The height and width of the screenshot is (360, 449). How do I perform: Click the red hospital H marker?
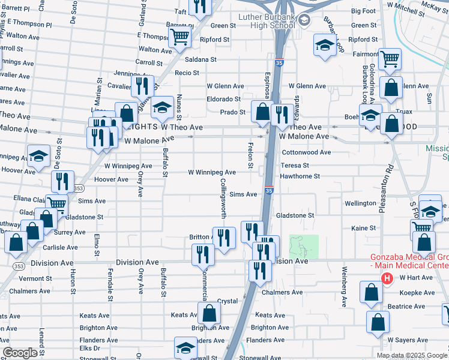(387, 279)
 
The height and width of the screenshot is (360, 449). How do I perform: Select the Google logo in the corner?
(20, 352)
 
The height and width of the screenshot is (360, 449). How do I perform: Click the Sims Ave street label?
(243, 194)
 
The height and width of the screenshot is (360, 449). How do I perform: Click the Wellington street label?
(361, 203)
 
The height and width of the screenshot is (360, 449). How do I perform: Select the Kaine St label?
(363, 228)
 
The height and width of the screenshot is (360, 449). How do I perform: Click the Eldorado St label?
(223, 99)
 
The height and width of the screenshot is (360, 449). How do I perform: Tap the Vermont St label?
(31, 278)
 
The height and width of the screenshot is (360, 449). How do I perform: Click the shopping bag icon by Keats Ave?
(209, 313)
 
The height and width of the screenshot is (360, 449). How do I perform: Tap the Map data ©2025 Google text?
(411, 355)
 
